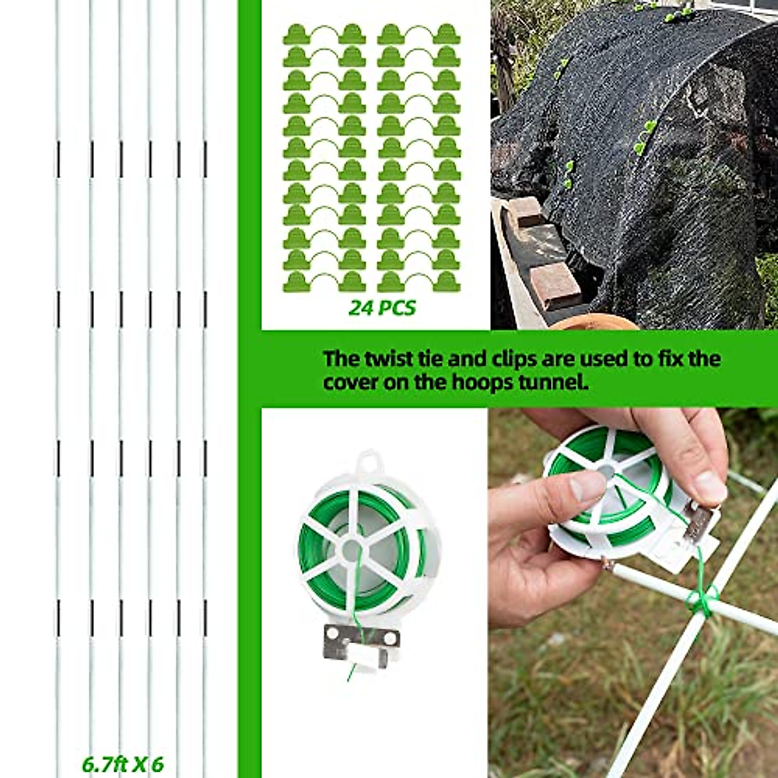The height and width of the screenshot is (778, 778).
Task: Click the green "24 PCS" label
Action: [x=382, y=307]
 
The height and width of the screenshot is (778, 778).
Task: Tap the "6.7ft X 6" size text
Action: [x=123, y=764]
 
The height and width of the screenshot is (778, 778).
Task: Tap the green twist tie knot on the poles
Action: [x=701, y=600]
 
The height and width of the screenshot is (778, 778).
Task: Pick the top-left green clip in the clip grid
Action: [x=296, y=34]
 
